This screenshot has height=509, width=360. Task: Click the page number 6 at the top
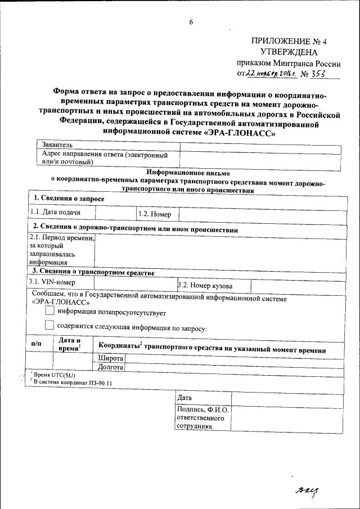click(191, 22)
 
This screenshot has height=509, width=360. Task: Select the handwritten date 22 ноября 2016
click(269, 74)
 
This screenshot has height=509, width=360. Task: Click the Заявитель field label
click(58, 145)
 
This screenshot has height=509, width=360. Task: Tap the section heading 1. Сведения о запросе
click(69, 199)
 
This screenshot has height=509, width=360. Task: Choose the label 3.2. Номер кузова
click(205, 286)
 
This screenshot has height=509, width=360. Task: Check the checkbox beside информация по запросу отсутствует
click(49, 310)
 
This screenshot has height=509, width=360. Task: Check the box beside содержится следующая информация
click(49, 325)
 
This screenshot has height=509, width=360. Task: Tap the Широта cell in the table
click(111, 358)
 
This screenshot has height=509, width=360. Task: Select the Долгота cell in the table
click(111, 367)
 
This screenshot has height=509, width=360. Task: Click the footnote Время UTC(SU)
click(54, 375)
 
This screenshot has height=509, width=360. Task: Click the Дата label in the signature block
click(185, 398)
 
